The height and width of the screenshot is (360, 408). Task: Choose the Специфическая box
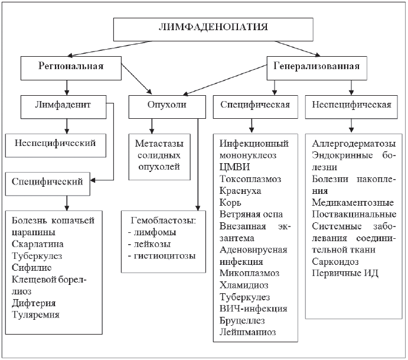(x=254, y=106)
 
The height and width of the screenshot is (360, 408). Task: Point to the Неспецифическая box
(x=352, y=106)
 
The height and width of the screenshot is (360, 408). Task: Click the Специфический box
(x=48, y=181)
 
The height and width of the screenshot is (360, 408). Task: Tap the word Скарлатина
(x=37, y=244)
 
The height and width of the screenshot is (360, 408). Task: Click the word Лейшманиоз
(x=248, y=332)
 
